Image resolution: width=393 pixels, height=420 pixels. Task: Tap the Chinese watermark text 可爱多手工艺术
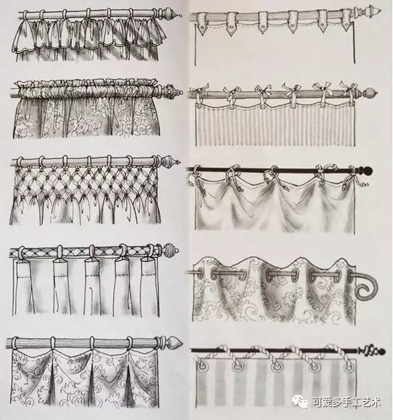[347, 403]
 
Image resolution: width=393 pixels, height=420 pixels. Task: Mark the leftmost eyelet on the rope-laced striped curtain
[201, 366]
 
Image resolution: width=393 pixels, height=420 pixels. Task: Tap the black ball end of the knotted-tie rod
[369, 171]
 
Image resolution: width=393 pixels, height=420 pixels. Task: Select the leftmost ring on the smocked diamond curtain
[20, 162]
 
